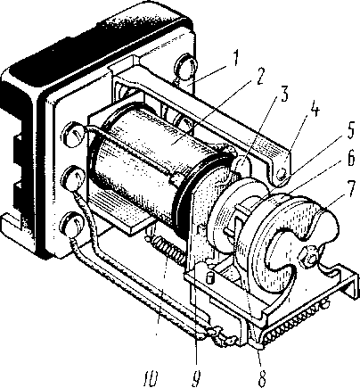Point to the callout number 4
[x=315, y=110]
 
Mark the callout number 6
[x=350, y=158]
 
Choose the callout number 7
[x=352, y=187]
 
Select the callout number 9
[x=196, y=378]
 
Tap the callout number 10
[x=150, y=378]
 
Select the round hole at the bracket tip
[x=282, y=174]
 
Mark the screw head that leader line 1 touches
[x=184, y=66]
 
